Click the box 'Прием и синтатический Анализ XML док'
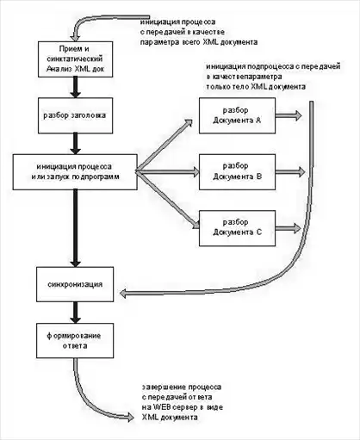pos(75,59)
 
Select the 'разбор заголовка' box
pos(75,115)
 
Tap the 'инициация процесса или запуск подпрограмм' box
pos(75,172)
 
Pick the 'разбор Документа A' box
pos(237,115)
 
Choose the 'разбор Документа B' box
pos(237,172)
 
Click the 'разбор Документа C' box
pos(237,228)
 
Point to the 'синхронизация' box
pos(75,284)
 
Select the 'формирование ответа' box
pos(75,341)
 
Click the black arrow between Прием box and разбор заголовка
pos(76,87)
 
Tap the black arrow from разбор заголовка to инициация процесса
pos(76,144)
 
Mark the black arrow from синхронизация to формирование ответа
pos(76,313)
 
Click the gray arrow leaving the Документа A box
pos(289,115)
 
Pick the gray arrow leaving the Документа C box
pos(288,228)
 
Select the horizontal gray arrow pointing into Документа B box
pos(168,172)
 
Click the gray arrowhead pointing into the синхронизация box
pos(123,294)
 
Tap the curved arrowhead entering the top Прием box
pos(76,36)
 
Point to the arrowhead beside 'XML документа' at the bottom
pos(130,417)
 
